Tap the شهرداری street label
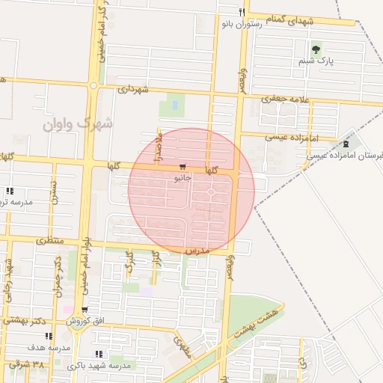pos(135,88)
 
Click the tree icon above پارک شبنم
pos(316,50)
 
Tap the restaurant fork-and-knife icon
pos(241,12)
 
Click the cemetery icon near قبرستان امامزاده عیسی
pos(346,143)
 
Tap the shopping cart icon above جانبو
pos(183,167)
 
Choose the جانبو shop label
pos(183,179)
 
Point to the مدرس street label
pos(195,249)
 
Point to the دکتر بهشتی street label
pos(26,319)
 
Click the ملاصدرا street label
pos(159,140)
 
